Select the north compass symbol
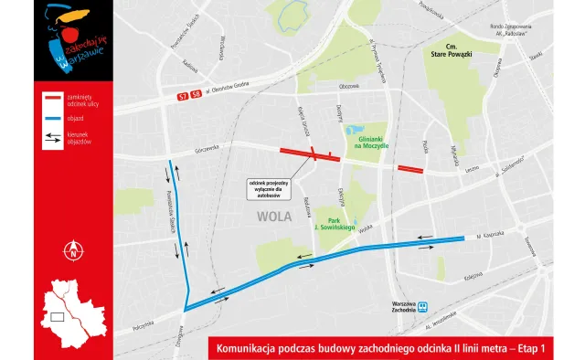[72, 249]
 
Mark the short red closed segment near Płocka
[410, 168]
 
